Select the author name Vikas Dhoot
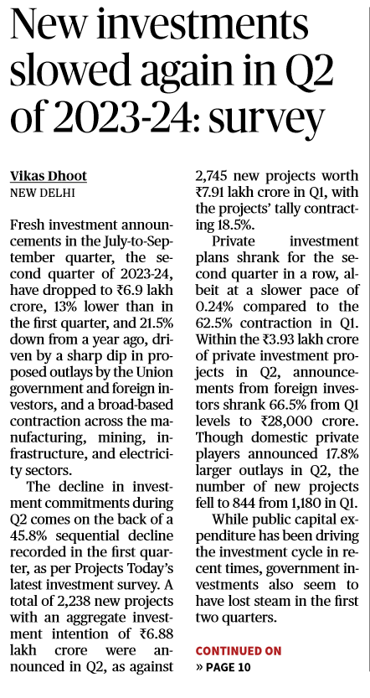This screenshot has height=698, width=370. click(49, 176)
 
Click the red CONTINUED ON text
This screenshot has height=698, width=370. click(239, 651)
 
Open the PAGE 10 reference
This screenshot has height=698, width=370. click(226, 668)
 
